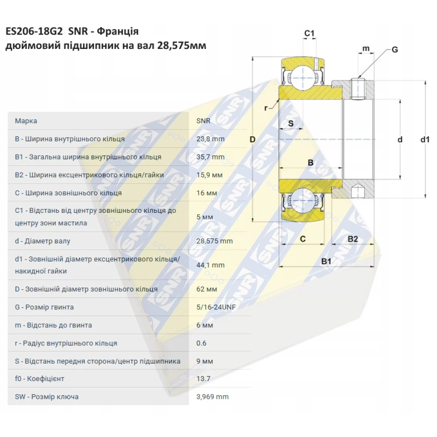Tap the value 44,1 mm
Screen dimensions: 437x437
click(210, 265)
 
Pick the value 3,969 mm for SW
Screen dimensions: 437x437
click(212, 397)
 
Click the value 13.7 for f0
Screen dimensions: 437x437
click(203, 378)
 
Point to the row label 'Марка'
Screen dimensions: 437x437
click(26, 121)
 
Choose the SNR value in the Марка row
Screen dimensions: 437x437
click(203, 121)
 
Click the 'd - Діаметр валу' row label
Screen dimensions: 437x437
click(42, 241)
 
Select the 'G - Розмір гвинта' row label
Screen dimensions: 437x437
click(44, 307)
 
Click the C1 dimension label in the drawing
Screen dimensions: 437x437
click(309, 34)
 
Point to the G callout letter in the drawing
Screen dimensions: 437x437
click(394, 50)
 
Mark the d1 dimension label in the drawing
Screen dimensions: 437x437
click(425, 140)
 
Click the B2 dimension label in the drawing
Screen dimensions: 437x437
click(353, 239)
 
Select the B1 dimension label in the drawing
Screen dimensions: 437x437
click(326, 261)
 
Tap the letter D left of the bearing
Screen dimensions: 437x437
click(252, 140)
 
